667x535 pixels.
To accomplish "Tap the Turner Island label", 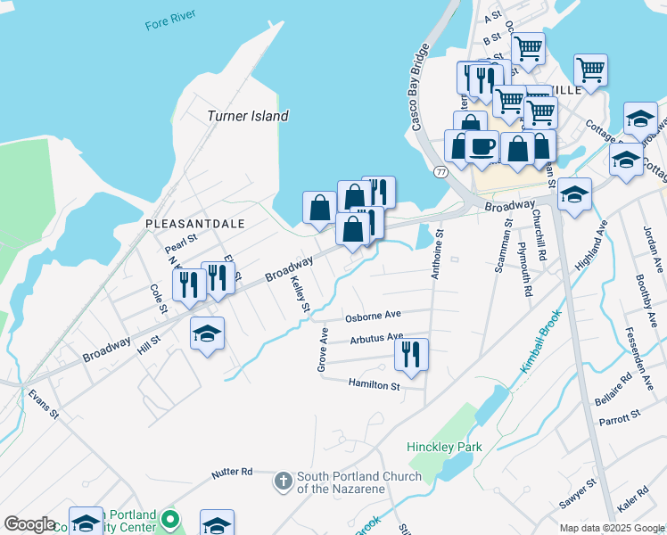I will [x=248, y=116].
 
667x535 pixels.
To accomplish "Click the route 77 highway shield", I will [x=441, y=170].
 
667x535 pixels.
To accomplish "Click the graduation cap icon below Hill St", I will [x=207, y=333].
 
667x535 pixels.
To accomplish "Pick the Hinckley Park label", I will [x=444, y=446].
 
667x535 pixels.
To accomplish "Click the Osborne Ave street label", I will [x=374, y=316].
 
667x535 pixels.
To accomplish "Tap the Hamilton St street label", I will [x=374, y=384].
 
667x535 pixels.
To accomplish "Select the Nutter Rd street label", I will [x=233, y=472].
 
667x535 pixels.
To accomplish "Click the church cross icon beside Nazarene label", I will [x=283, y=481].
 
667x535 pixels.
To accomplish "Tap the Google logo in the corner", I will [x=29, y=523].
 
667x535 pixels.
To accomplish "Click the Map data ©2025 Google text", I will [x=612, y=528].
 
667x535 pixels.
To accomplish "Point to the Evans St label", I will [x=42, y=403].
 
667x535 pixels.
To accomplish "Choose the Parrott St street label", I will [x=620, y=417].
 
